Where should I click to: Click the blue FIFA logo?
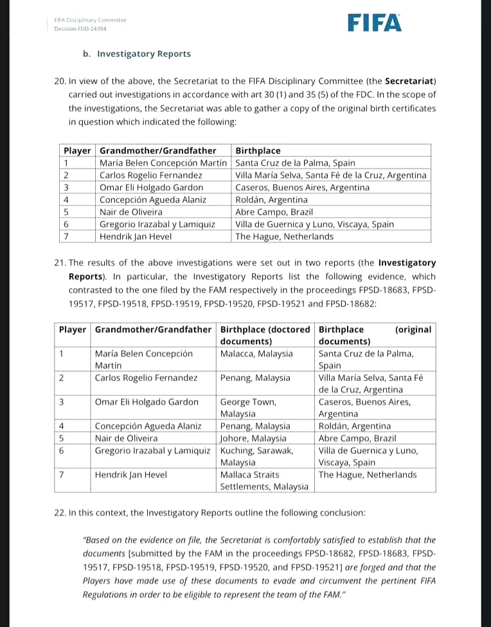click(x=375, y=23)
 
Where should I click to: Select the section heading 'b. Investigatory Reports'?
click(x=137, y=54)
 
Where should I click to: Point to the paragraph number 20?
click(x=60, y=81)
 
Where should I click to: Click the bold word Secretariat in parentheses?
click(x=410, y=81)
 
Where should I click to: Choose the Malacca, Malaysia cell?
click(x=256, y=354)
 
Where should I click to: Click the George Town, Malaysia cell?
click(x=249, y=408)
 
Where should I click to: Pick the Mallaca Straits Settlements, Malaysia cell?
click(x=264, y=480)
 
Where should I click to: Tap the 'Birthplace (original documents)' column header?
click(x=375, y=335)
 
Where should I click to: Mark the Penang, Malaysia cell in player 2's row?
click(x=255, y=378)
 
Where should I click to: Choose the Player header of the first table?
click(x=76, y=151)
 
